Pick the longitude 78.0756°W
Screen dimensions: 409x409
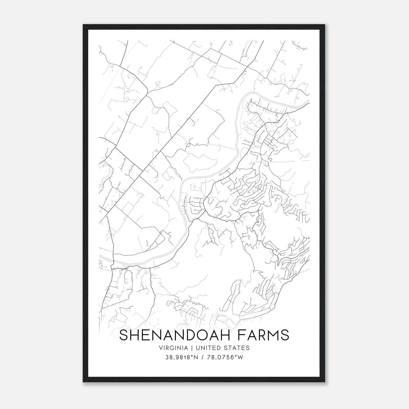(x=225, y=357)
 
